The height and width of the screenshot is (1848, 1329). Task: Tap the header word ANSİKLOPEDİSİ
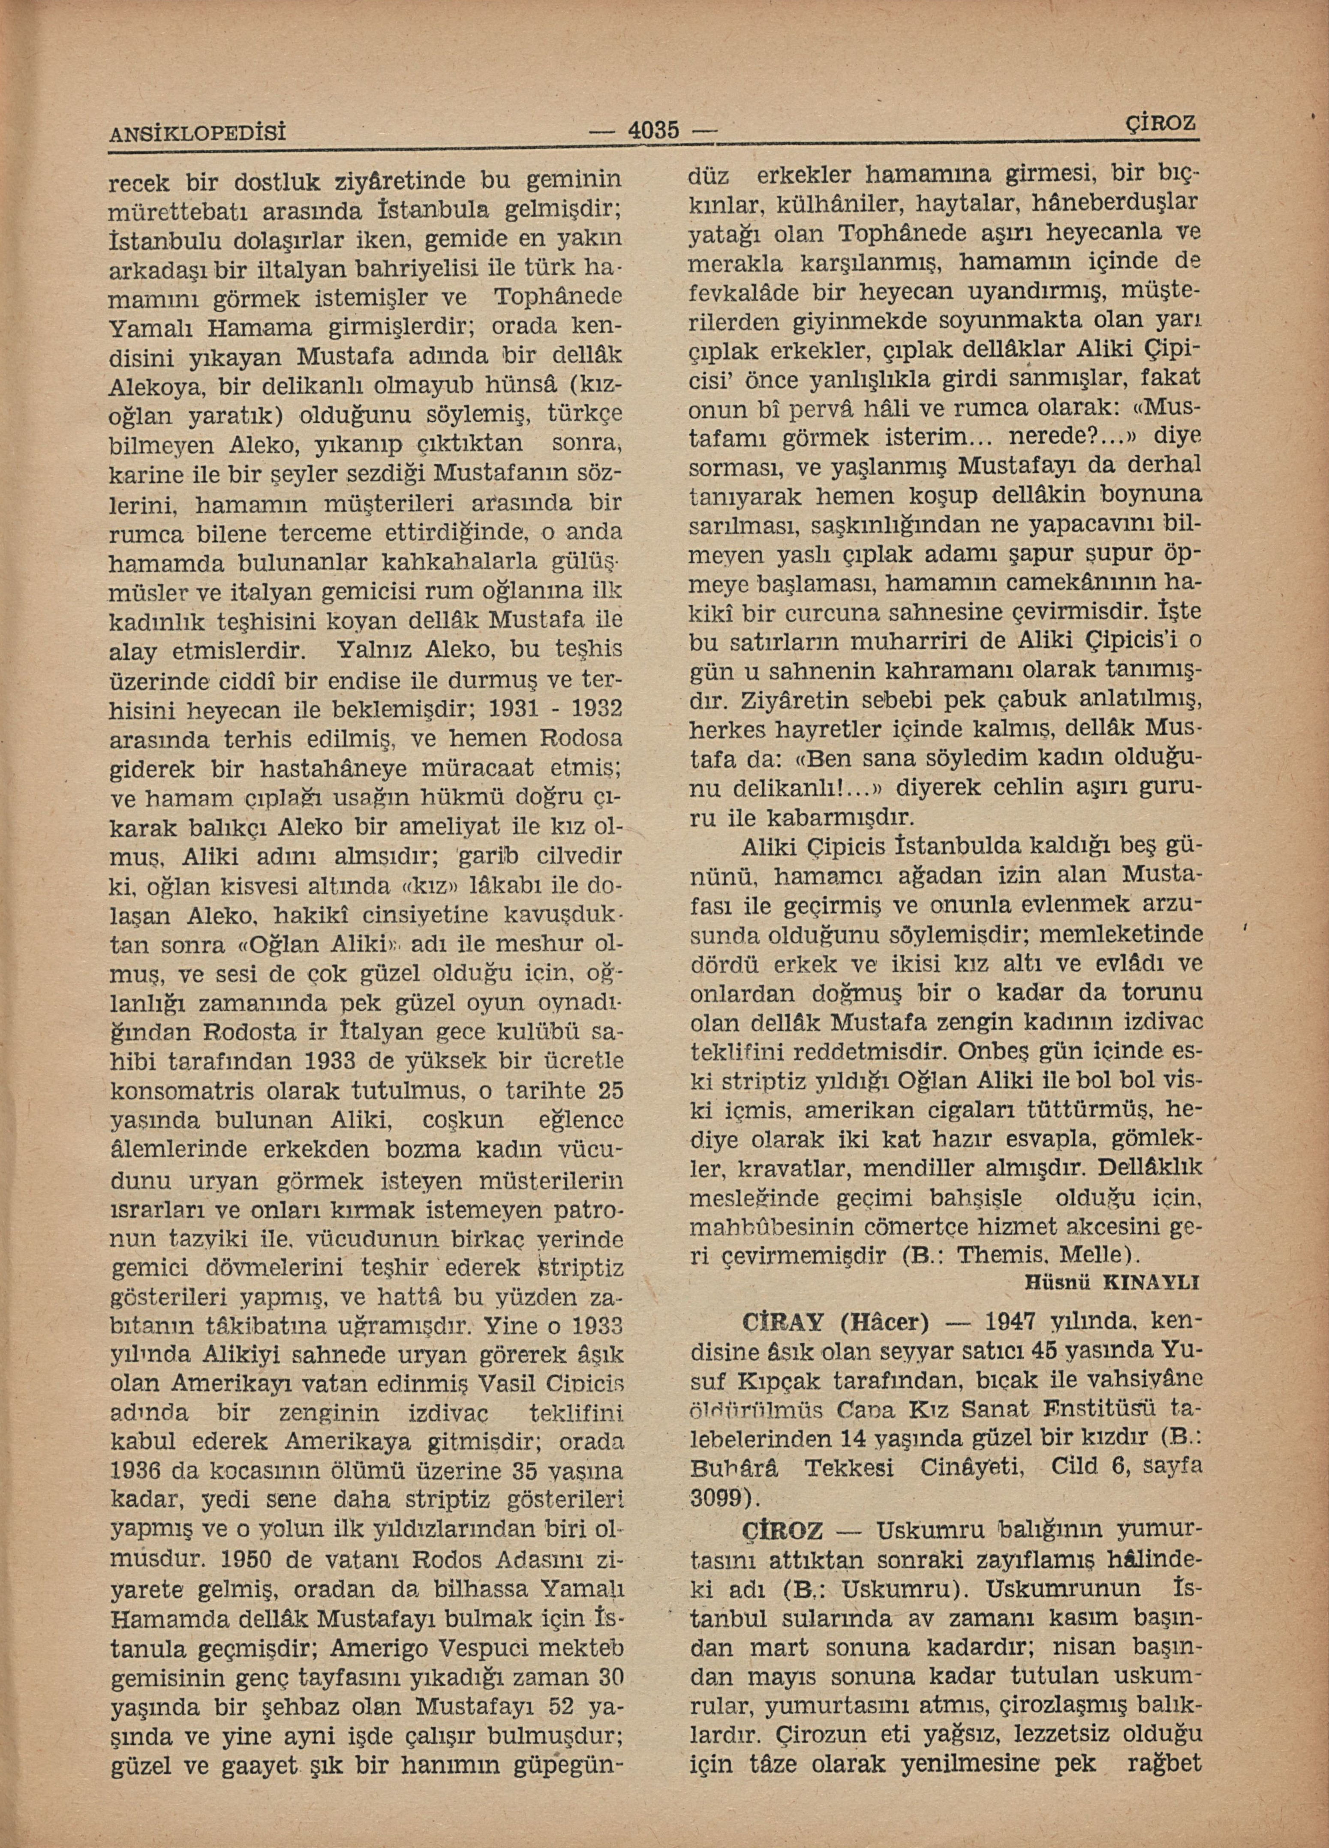[x=201, y=133]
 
